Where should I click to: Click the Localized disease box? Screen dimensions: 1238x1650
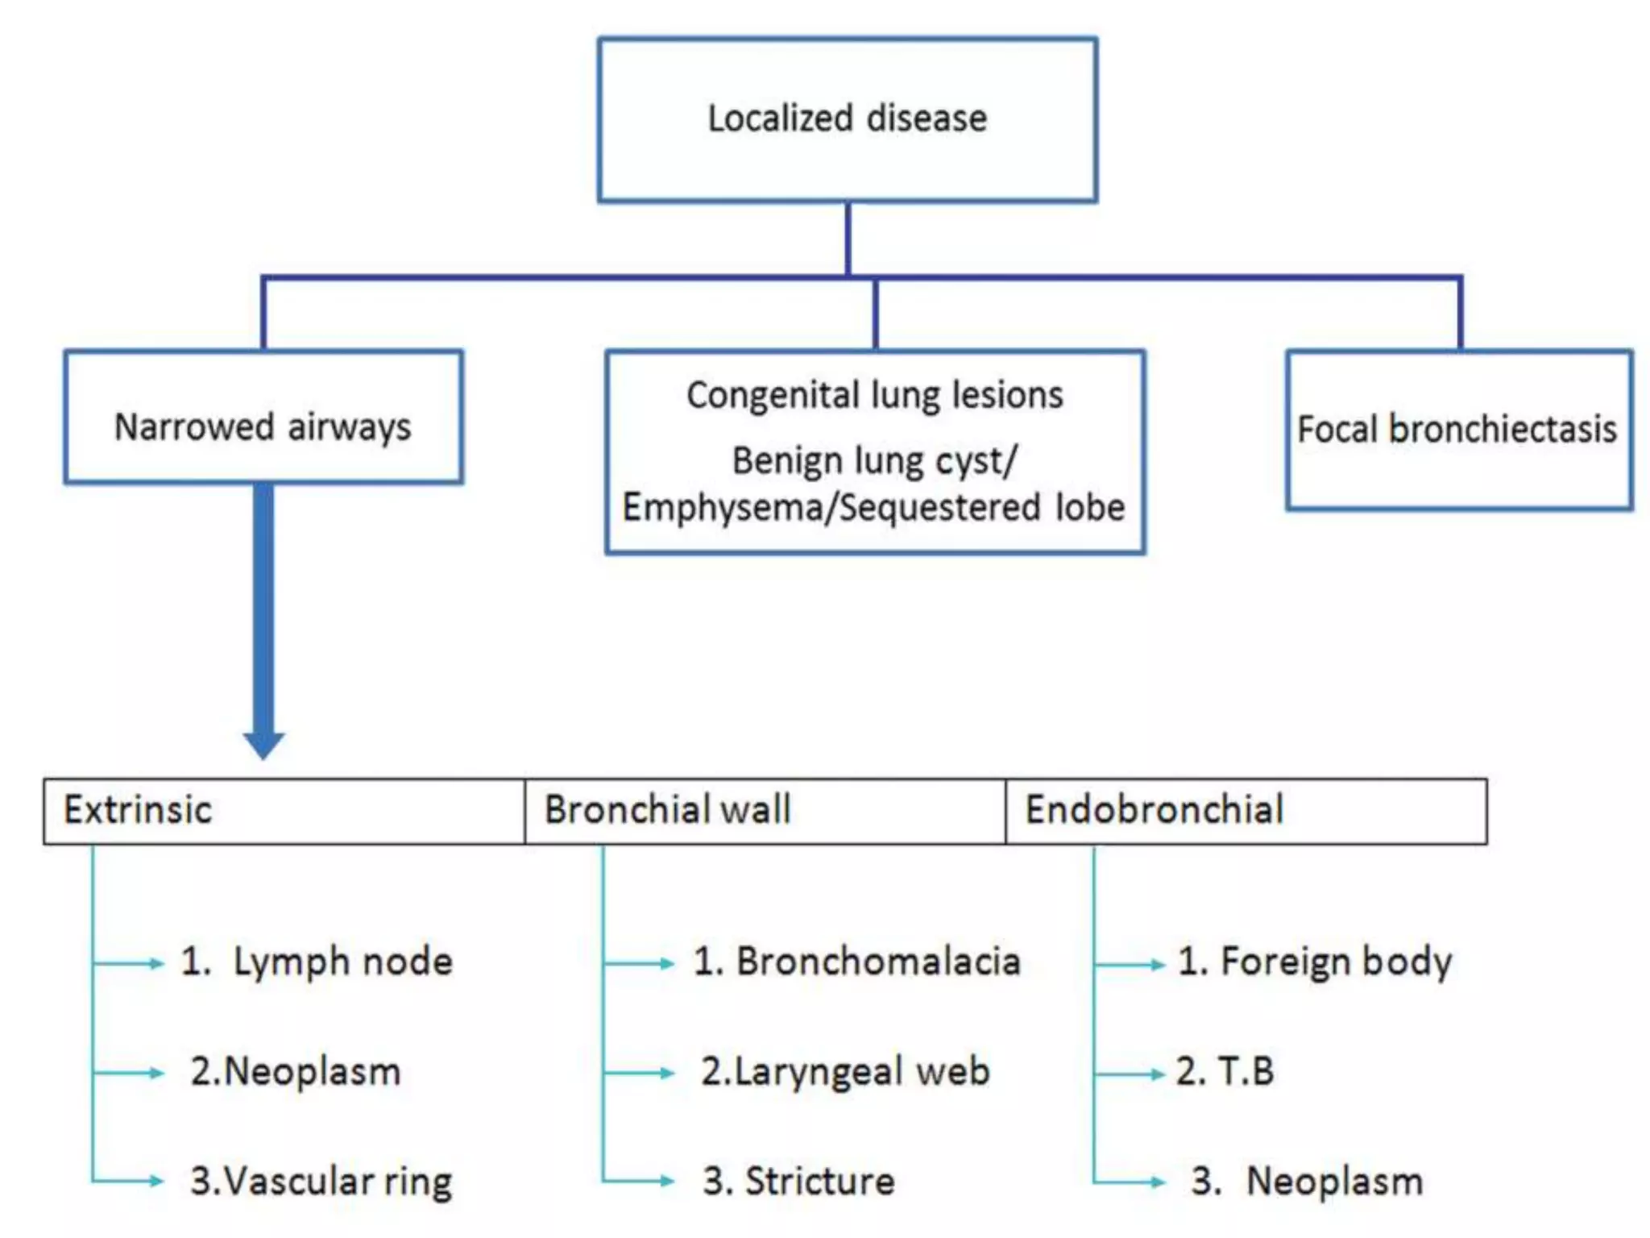click(x=847, y=119)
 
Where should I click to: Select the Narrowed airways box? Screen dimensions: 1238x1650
click(x=263, y=418)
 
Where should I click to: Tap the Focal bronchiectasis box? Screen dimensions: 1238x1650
click(x=1458, y=430)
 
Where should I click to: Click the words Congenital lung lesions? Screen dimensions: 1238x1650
click(x=875, y=396)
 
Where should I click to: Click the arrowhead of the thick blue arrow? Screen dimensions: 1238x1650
click(x=263, y=744)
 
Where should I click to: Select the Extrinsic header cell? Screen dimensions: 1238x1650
click(x=284, y=811)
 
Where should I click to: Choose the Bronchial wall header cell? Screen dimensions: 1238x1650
click(x=765, y=811)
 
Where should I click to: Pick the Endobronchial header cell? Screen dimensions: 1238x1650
click(x=1246, y=811)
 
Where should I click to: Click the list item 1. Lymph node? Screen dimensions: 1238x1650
click(x=317, y=962)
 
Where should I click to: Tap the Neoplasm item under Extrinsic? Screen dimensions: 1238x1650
click(x=296, y=1072)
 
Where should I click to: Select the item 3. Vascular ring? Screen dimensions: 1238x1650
click(x=321, y=1182)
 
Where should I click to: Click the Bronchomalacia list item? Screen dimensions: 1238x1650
click(x=856, y=962)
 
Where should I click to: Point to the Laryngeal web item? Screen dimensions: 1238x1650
click(x=845, y=1072)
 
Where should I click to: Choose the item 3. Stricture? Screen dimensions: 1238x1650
click(x=798, y=1182)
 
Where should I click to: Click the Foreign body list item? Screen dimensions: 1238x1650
click(x=1315, y=962)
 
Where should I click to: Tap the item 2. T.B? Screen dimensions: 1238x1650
click(x=1225, y=1072)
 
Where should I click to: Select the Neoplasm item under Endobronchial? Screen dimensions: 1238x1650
click(x=1307, y=1182)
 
